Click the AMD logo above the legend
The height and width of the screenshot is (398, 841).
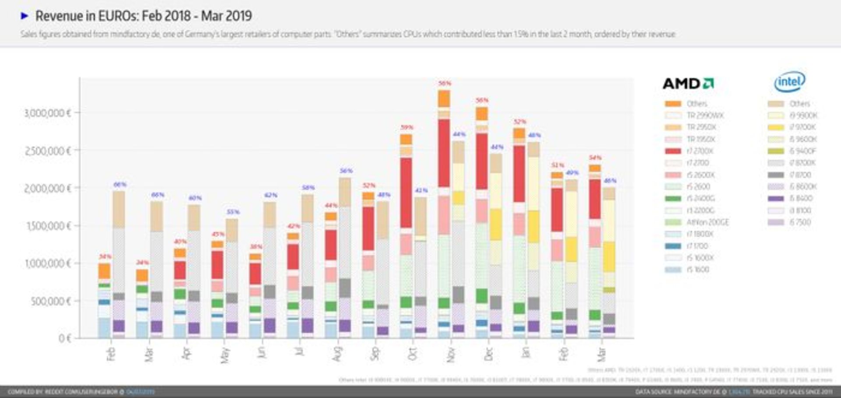point(688,83)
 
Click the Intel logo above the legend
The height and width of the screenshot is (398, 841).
point(789,82)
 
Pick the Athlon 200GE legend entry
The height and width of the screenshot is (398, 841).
point(707,222)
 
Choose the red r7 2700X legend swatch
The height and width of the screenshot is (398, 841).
point(673,151)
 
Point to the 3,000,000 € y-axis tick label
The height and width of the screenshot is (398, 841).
point(47,113)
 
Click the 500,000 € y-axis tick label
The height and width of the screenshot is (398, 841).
point(50,301)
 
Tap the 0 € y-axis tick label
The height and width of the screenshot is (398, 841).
point(64,338)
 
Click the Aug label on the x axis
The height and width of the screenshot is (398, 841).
point(337,354)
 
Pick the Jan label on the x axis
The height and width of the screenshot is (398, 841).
point(526,352)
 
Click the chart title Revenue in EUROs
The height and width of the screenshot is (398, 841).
point(143,16)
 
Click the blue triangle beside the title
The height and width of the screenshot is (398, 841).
point(25,16)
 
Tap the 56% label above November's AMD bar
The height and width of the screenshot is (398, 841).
point(444,83)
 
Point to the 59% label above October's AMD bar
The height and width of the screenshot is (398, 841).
point(406,128)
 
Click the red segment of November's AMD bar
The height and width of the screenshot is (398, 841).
point(444,153)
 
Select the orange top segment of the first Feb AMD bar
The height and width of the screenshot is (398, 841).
point(104,271)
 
